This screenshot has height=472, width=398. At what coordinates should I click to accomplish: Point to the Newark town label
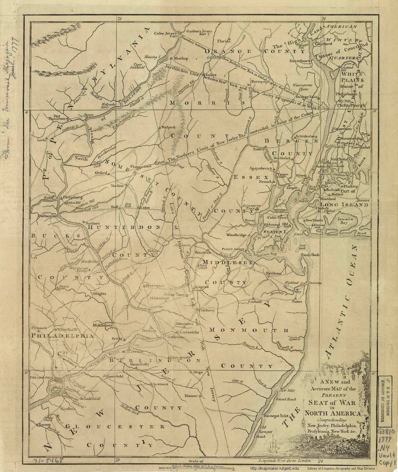[x=266, y=182]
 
